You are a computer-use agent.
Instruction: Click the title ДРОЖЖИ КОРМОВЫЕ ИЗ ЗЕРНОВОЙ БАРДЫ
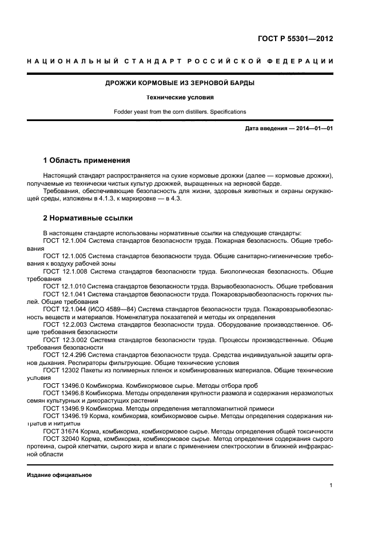pyautogui.click(x=180, y=83)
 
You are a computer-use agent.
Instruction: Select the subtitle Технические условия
pyautogui.click(x=180, y=97)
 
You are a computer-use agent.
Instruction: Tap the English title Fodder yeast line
pyautogui.click(x=180, y=111)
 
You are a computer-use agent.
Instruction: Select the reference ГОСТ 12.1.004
pyautogui.click(x=65, y=242)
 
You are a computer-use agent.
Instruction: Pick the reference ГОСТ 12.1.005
pyautogui.click(x=65, y=256)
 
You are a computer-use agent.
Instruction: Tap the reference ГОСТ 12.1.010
pyautogui.click(x=65, y=286)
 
